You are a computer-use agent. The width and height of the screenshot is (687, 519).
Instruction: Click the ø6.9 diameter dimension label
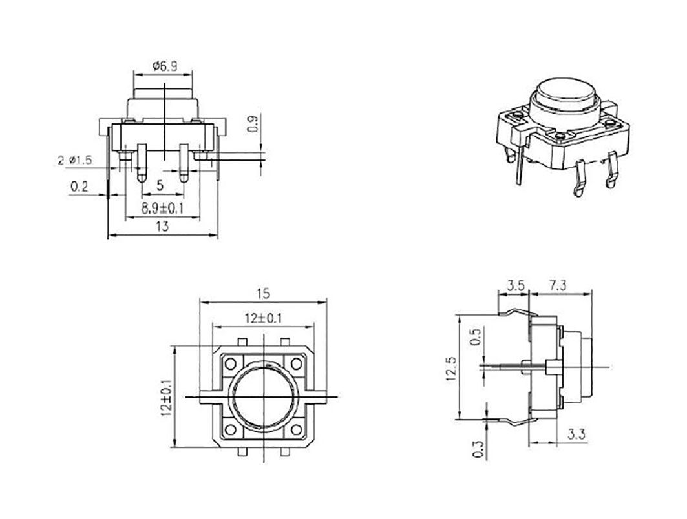point(165,66)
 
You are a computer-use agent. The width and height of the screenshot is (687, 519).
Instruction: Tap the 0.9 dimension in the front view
point(254,125)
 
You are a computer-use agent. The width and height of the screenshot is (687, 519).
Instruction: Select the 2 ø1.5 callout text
point(75,160)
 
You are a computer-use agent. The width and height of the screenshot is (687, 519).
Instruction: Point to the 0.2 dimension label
point(79,187)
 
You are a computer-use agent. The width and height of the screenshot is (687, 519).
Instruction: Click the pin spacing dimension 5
point(160,185)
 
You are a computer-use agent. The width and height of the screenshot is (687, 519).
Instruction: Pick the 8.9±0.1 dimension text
point(162,209)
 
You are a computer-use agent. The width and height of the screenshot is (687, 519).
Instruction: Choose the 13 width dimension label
point(162,227)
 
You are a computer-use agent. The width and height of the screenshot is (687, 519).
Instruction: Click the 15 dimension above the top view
point(263,294)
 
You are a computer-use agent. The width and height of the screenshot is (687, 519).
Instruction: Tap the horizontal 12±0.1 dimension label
point(263,319)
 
